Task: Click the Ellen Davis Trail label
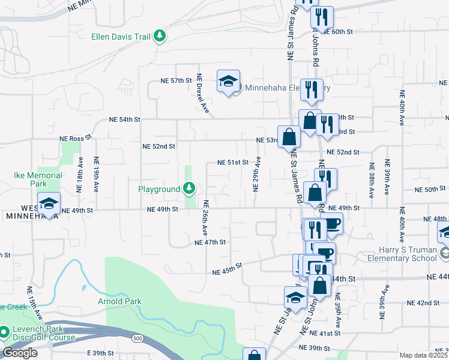click(x=120, y=37)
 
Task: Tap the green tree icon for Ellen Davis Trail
click(x=160, y=37)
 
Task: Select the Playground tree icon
click(x=189, y=189)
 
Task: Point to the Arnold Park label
click(x=120, y=301)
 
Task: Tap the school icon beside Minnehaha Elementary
click(x=228, y=82)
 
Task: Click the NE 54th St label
click(x=124, y=119)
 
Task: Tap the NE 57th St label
click(x=176, y=80)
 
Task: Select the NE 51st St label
click(x=233, y=162)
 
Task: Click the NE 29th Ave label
click(x=257, y=174)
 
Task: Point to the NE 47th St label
click(x=210, y=242)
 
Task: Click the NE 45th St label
click(x=226, y=268)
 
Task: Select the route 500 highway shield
click(x=139, y=339)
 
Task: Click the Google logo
click(x=20, y=352)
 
